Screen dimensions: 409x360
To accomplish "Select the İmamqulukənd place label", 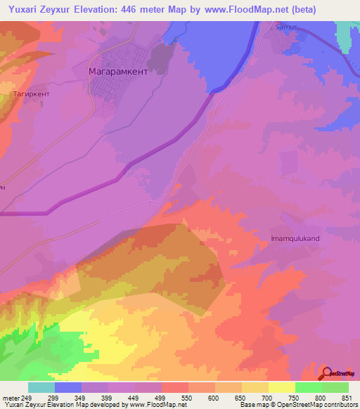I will [295, 238].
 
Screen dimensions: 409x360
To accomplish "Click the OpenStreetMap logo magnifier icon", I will [328, 373].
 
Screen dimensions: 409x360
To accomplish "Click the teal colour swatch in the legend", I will [41, 387].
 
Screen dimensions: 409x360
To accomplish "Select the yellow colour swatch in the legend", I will [282, 387].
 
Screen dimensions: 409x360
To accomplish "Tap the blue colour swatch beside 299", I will [68, 387].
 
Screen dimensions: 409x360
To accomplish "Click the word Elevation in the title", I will [91, 10].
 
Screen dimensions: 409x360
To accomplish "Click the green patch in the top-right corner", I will [345, 32].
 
